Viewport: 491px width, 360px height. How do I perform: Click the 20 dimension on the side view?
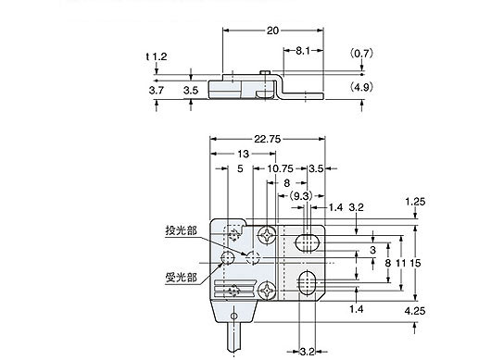[x=271, y=31]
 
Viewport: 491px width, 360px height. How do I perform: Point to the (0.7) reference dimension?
[x=363, y=54]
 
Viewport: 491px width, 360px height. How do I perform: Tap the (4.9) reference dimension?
[x=363, y=90]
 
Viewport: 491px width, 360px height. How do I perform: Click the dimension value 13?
[x=243, y=154]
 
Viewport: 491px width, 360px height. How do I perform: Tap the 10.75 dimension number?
[x=282, y=169]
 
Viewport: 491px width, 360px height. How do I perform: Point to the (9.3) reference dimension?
[x=301, y=196]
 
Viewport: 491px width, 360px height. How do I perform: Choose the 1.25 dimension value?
[x=416, y=200]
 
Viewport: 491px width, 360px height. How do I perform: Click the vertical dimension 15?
[x=416, y=263]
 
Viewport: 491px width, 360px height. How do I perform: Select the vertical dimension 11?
[x=399, y=263]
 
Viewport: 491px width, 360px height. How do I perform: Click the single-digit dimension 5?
[x=240, y=169]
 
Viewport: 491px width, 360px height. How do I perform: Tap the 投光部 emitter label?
[x=181, y=230]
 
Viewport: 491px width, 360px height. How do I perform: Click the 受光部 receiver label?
[x=181, y=276]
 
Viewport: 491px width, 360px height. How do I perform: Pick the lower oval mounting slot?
[x=308, y=281]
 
